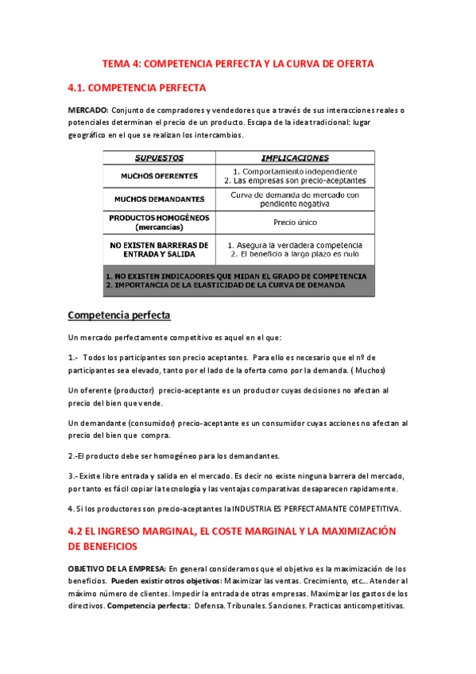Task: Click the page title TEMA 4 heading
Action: point(238,63)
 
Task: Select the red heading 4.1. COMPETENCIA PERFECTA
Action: point(137,87)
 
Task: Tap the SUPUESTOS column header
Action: point(159,158)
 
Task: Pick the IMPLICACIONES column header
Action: point(295,158)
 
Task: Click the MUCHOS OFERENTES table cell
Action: point(159,176)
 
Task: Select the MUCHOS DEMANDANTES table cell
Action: point(159,199)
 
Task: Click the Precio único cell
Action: point(295,223)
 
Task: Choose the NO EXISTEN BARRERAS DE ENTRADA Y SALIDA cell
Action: point(159,250)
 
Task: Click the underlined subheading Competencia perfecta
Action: point(119,315)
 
